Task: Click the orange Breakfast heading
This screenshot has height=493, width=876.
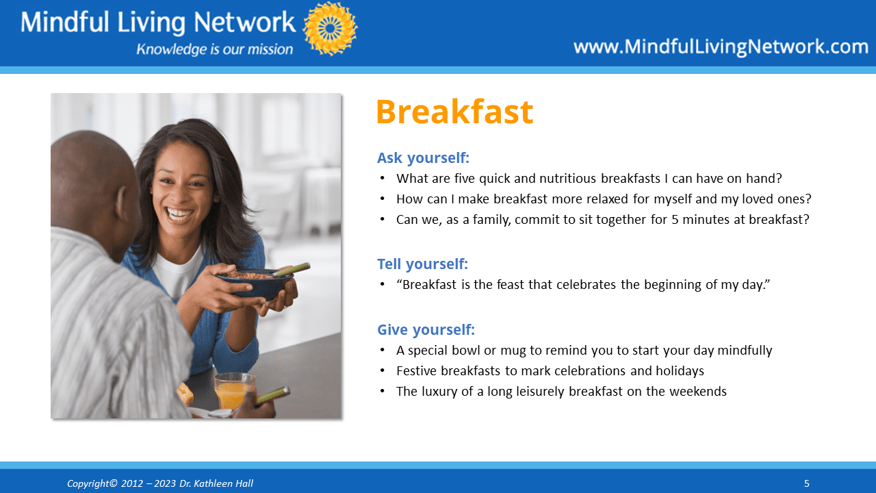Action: pos(454,112)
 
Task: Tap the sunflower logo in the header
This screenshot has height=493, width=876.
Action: pos(330,28)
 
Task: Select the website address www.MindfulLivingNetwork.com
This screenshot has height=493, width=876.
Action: pos(721,47)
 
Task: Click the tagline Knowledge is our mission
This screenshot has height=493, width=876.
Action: pos(214,49)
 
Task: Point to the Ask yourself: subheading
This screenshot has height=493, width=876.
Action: pos(423,158)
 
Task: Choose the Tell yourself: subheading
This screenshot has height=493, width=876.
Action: pos(422,264)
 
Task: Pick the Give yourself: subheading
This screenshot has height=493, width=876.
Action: pos(426,330)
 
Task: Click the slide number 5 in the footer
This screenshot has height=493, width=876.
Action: pos(806,483)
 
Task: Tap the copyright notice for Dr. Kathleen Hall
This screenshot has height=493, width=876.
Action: pos(160,483)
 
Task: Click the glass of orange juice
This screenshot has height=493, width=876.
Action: pos(233,391)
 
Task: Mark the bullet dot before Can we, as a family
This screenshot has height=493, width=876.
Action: pos(383,220)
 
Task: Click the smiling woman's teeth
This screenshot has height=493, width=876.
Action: pos(179,214)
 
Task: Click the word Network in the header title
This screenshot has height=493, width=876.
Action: pos(244,22)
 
